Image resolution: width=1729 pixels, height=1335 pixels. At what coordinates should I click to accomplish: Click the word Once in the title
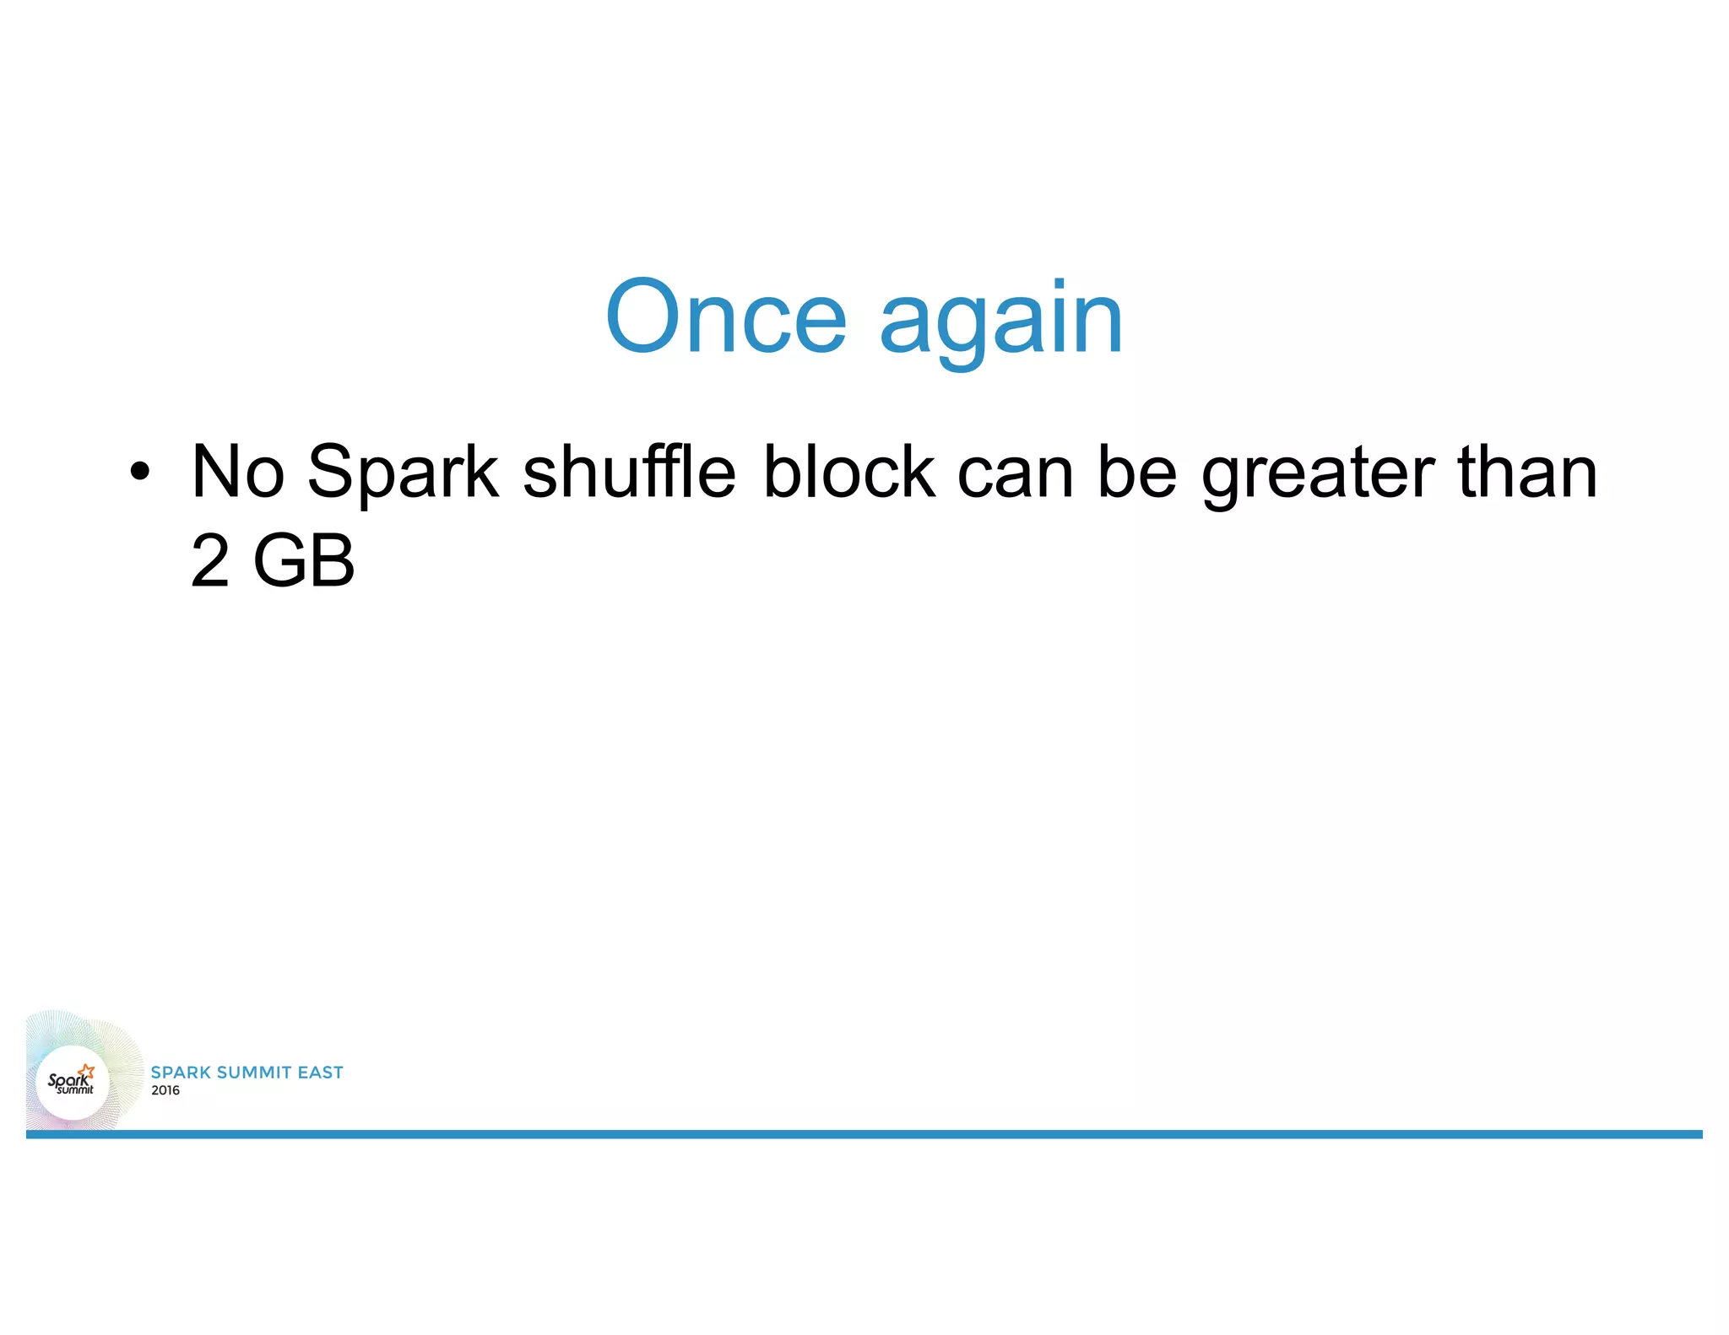click(725, 316)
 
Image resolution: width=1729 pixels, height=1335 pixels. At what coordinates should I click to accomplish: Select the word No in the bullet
click(238, 472)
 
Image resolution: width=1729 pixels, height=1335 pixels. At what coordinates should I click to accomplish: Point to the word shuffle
click(629, 472)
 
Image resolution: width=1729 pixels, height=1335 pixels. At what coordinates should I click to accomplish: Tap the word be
click(1136, 472)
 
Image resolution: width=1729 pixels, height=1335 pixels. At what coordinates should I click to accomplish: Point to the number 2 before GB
click(210, 561)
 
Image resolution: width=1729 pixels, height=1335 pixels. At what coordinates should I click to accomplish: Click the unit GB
click(304, 561)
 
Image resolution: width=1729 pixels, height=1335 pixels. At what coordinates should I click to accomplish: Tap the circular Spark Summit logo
click(73, 1082)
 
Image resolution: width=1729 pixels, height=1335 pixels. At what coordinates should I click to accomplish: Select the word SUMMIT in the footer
click(254, 1073)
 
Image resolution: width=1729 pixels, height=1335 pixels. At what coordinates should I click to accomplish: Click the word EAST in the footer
click(320, 1073)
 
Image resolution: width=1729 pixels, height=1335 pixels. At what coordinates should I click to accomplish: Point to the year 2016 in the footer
click(165, 1090)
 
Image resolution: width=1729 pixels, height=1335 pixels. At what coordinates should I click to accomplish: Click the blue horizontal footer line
click(864, 1134)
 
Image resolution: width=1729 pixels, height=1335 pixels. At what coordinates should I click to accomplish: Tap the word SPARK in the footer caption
click(181, 1073)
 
